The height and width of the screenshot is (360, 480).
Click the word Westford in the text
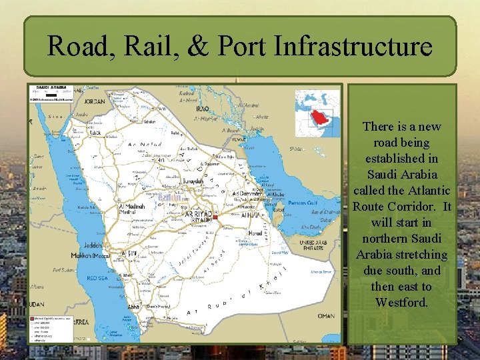tap(401, 303)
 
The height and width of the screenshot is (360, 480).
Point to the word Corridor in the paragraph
tap(413, 207)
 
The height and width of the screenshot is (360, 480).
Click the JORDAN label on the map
tap(95, 101)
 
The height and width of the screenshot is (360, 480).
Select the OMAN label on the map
tap(326, 316)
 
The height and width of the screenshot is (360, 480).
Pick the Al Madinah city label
tap(131, 207)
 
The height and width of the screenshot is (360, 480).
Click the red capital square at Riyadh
tap(215, 217)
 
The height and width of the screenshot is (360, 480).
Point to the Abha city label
tap(134, 307)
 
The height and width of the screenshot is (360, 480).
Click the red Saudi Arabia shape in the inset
tap(319, 120)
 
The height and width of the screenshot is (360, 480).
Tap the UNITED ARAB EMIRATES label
tap(313, 245)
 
